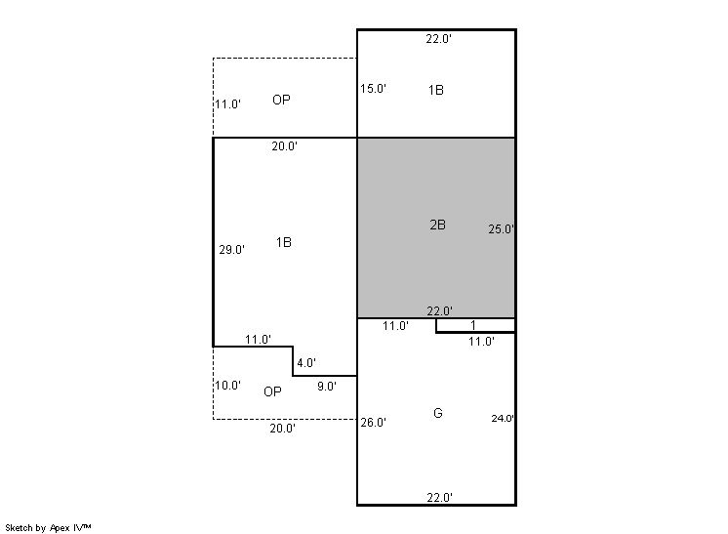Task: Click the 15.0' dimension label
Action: (x=374, y=88)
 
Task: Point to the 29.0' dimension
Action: (x=231, y=249)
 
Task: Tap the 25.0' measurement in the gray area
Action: (x=501, y=228)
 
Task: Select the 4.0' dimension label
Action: (x=306, y=362)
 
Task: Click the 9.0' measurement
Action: (x=327, y=386)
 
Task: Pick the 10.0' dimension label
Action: (x=227, y=385)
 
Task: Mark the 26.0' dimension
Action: (x=374, y=422)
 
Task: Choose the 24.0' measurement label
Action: (x=503, y=418)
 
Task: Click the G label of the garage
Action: (x=438, y=413)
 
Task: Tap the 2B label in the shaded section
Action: (x=438, y=225)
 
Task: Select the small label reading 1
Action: (x=473, y=325)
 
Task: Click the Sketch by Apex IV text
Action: (x=48, y=527)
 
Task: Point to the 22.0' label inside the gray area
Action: (x=440, y=310)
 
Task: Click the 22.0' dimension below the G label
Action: (x=440, y=497)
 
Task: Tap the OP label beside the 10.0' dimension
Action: (x=272, y=391)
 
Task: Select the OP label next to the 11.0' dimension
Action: (x=281, y=100)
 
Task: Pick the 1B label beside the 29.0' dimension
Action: (x=284, y=242)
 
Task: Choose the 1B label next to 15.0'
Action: (x=436, y=90)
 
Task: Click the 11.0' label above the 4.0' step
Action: (x=259, y=339)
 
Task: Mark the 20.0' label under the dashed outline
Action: (x=283, y=429)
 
